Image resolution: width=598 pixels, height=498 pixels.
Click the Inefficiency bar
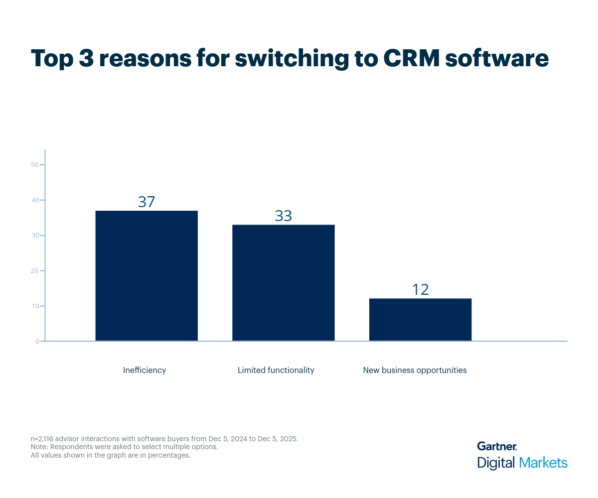tap(147, 276)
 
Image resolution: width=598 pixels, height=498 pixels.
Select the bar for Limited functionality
tap(283, 283)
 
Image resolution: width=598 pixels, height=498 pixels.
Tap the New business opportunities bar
tap(420, 320)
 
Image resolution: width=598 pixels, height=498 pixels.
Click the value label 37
tap(147, 202)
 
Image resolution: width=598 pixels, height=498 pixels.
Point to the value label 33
tap(283, 216)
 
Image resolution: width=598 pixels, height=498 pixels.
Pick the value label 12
tap(420, 289)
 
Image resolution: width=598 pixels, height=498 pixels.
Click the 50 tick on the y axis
tap(35, 165)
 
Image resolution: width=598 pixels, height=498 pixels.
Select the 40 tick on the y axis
tap(35, 200)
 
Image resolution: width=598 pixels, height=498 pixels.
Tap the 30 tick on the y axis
tap(35, 236)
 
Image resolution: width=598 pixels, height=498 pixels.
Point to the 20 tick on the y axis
tap(35, 271)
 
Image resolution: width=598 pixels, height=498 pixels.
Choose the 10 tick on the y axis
tap(35, 306)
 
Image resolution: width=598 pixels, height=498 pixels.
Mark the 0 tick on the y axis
tap(37, 341)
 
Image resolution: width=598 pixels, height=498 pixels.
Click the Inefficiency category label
tap(145, 370)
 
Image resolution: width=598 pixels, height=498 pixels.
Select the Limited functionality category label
tap(276, 370)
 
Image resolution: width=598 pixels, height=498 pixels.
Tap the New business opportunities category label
tap(415, 370)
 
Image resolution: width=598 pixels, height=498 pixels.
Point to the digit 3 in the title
tap(85, 58)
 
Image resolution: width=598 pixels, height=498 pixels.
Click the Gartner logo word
tap(497, 446)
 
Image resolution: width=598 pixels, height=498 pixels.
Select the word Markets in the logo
tap(543, 463)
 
